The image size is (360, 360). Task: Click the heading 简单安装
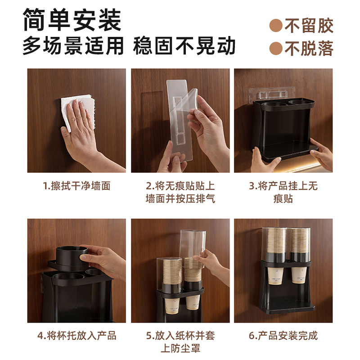[72, 20]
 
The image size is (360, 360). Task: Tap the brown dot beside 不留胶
[276, 26]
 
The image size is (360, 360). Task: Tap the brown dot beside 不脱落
[276, 49]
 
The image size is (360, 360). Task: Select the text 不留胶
[309, 26]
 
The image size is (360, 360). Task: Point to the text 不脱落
[309, 49]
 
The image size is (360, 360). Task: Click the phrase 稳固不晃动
[184, 46]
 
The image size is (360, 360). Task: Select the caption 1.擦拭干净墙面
[76, 186]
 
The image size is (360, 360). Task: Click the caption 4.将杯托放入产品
[76, 336]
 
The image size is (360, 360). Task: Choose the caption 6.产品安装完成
[283, 336]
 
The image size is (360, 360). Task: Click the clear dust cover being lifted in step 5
[193, 246]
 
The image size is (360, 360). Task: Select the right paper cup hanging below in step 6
[299, 275]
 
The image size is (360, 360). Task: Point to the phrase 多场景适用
[73, 46]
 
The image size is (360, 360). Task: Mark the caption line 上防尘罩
[180, 348]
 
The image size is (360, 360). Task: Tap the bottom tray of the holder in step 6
[290, 307]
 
